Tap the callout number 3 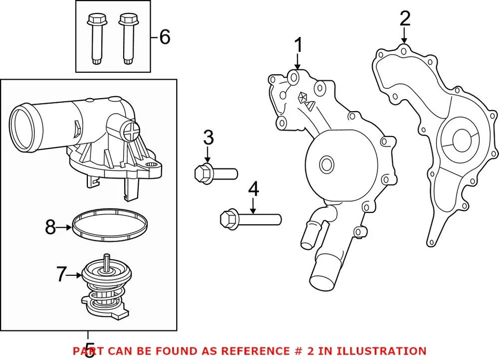[x=208, y=138]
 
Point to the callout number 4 [x=253, y=189]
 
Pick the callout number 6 [x=164, y=37]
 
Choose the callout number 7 [x=62, y=274]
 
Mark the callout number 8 [x=50, y=228]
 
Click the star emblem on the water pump [x=303, y=96]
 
